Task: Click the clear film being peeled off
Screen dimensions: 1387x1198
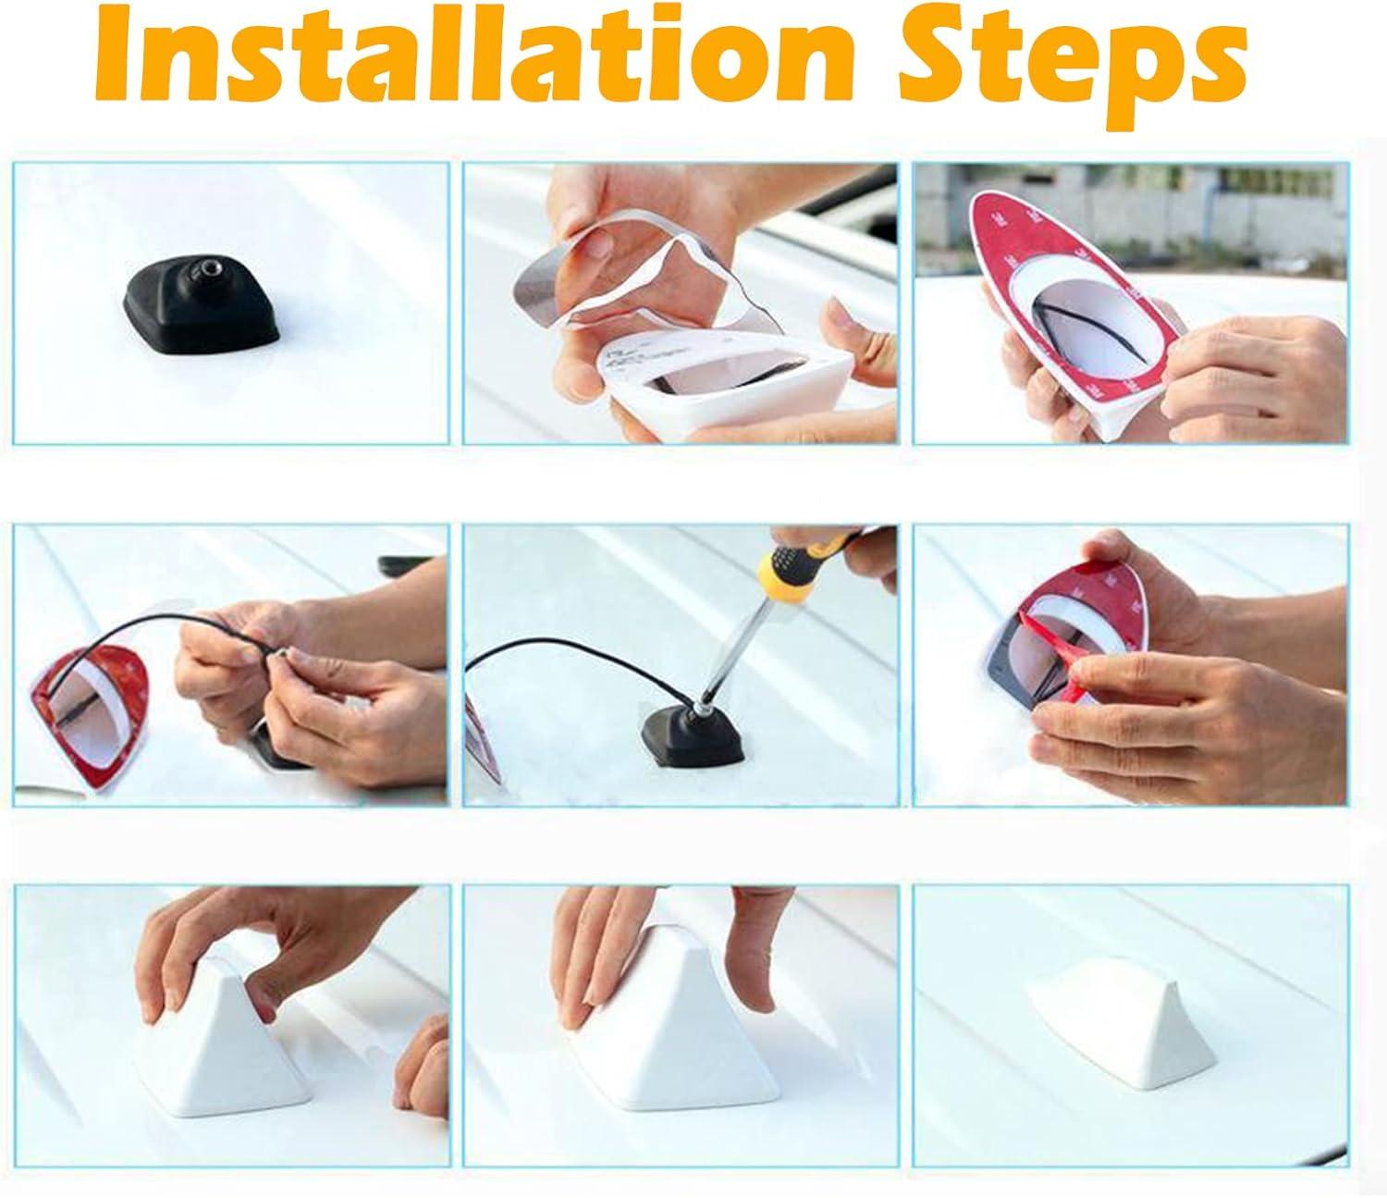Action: (x=644, y=282)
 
